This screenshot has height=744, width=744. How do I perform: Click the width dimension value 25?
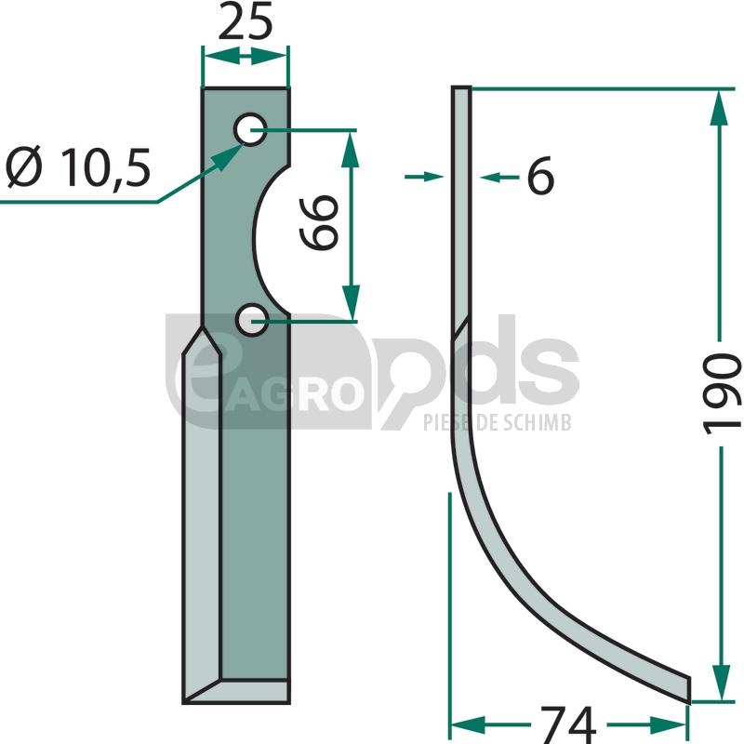coord(246,22)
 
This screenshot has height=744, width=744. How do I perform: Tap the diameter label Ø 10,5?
coord(78,167)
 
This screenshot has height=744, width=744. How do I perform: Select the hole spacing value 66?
coord(319,222)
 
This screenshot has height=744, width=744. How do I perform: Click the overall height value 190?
coord(722,393)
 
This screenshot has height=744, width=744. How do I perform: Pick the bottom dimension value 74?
coord(568,724)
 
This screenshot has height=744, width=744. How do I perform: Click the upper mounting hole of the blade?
coord(250,129)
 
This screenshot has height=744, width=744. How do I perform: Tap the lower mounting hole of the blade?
coord(252,320)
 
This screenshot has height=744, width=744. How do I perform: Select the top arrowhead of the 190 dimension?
coord(719,108)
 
